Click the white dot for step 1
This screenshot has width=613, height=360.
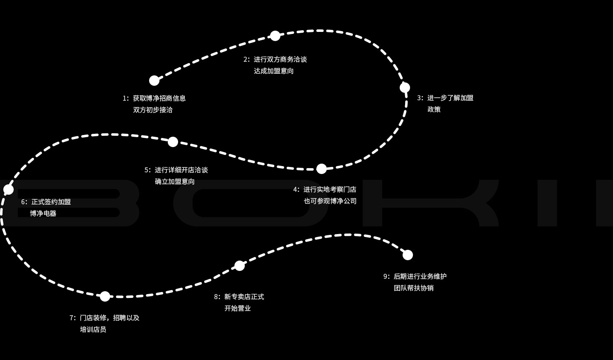[x=154, y=80]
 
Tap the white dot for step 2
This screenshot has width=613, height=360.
[x=275, y=36]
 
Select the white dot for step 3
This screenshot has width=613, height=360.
[x=405, y=87]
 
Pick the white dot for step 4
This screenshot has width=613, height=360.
[x=321, y=169]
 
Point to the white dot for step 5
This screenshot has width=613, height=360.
[x=173, y=142]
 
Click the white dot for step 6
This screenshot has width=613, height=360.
[x=9, y=190]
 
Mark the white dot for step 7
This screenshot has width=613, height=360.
[x=105, y=296]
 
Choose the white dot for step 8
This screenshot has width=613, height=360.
[x=239, y=266]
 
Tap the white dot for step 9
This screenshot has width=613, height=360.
[x=408, y=255]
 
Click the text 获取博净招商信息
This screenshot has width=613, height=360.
[x=159, y=98]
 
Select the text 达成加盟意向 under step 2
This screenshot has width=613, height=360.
[x=273, y=71]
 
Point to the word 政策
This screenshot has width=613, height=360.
[x=434, y=109]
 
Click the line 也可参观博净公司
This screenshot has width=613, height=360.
[x=330, y=201]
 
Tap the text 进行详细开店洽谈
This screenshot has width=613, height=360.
[x=181, y=170]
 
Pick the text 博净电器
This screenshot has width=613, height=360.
[x=43, y=213]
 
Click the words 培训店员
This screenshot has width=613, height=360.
[x=93, y=329]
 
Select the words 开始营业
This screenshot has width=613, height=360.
[x=237, y=308]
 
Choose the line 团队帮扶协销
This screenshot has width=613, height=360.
[x=413, y=288]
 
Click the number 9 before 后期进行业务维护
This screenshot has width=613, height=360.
[x=385, y=276]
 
